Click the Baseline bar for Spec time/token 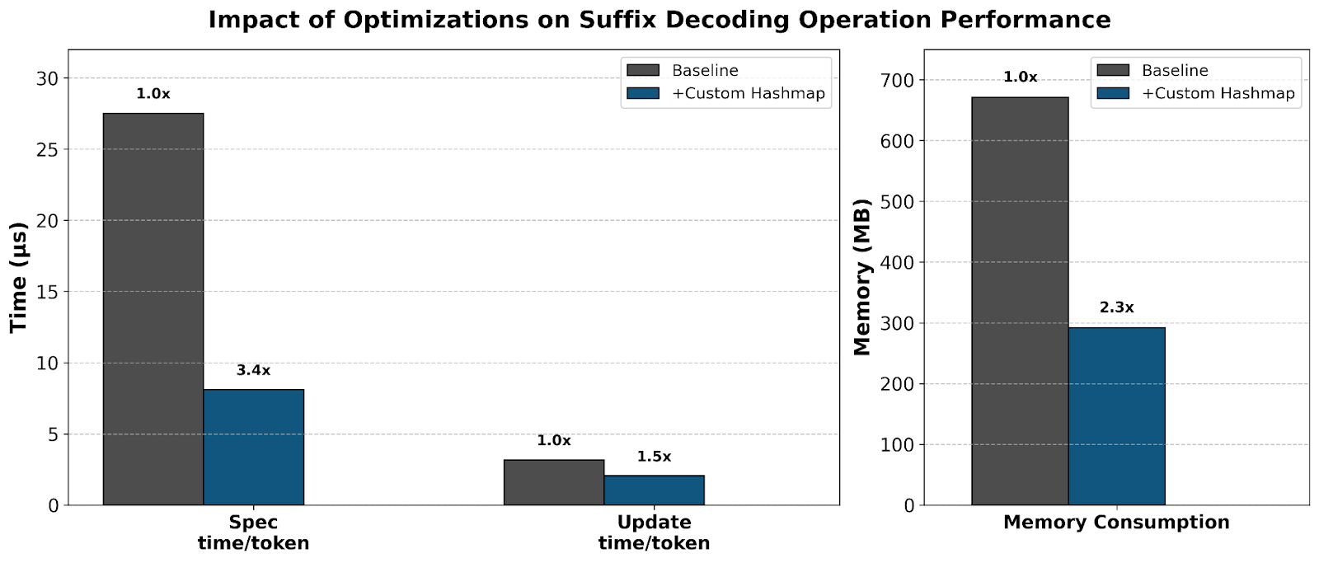pyautogui.click(x=153, y=309)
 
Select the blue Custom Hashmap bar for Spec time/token pyautogui.click(x=253, y=448)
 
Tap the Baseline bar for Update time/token pyautogui.click(x=553, y=483)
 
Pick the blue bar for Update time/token pyautogui.click(x=654, y=490)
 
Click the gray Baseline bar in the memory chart pyautogui.click(x=1020, y=301)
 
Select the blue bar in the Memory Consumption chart pyautogui.click(x=1116, y=416)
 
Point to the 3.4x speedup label pyautogui.click(x=253, y=371)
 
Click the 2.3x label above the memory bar pyautogui.click(x=1116, y=307)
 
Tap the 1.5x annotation pyautogui.click(x=654, y=457)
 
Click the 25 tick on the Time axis pyautogui.click(x=48, y=149)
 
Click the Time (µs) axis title pyautogui.click(x=18, y=277)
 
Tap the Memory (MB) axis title pyautogui.click(x=862, y=277)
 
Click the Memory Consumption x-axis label pyautogui.click(x=1116, y=523)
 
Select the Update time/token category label pyautogui.click(x=654, y=533)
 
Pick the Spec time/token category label pyautogui.click(x=253, y=533)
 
